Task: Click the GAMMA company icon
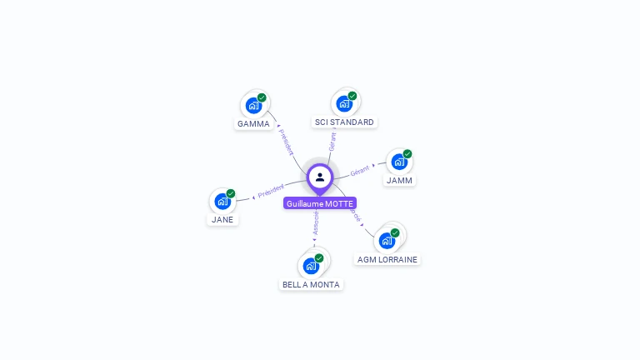click(253, 106)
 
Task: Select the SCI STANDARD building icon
click(344, 103)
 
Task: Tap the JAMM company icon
click(399, 162)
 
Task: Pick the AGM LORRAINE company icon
click(387, 241)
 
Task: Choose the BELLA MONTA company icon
click(311, 266)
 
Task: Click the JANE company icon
click(222, 202)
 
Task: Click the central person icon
click(320, 177)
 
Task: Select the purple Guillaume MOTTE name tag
click(320, 203)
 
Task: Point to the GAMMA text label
click(253, 124)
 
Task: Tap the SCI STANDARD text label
click(344, 122)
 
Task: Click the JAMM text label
click(399, 180)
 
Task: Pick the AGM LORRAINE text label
click(387, 259)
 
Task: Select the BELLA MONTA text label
click(311, 284)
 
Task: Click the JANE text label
click(222, 220)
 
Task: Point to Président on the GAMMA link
click(287, 142)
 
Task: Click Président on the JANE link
click(271, 191)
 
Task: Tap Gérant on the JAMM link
click(359, 171)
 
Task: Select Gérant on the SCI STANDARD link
click(332, 141)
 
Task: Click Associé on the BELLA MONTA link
click(316, 221)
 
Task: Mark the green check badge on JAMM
click(407, 154)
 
